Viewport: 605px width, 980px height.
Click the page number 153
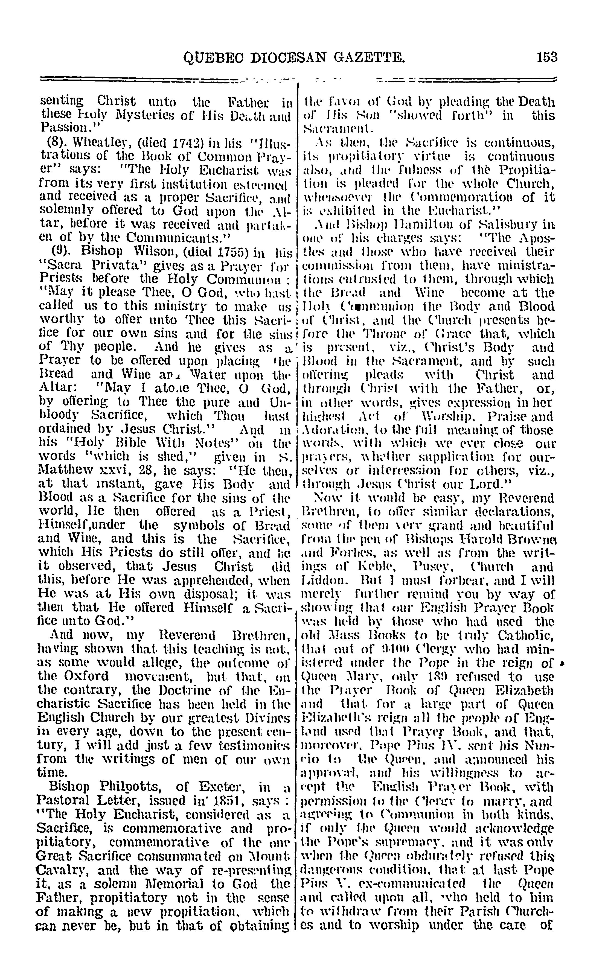pyautogui.click(x=547, y=58)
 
